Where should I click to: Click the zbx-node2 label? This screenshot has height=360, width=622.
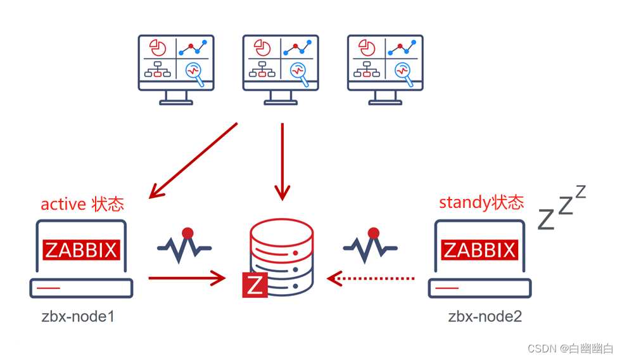pyautogui.click(x=485, y=316)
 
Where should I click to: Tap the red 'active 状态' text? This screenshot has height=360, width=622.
pyautogui.click(x=82, y=204)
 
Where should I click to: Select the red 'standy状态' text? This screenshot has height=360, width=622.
pyautogui.click(x=481, y=203)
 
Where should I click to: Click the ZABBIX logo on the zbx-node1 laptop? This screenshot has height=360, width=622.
pyautogui.click(x=81, y=250)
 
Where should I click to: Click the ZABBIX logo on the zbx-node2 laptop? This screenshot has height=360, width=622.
pyautogui.click(x=479, y=250)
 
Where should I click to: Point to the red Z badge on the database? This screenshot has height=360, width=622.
pyautogui.click(x=255, y=285)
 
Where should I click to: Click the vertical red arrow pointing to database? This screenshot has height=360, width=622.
pyautogui.click(x=282, y=162)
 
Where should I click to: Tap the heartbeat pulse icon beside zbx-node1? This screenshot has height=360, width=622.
pyautogui.click(x=184, y=243)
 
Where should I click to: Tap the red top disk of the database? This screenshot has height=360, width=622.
pyautogui.click(x=282, y=233)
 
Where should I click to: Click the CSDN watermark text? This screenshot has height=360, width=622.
pyautogui.click(x=570, y=348)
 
